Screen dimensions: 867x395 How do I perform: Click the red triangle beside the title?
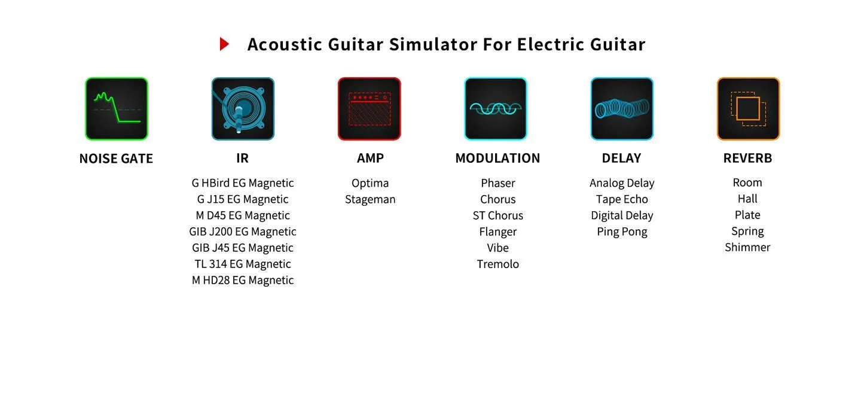coord(224,44)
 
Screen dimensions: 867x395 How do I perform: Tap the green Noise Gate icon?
coord(117,109)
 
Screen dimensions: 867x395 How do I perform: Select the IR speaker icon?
coord(243,109)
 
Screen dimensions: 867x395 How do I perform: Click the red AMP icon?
coord(370,109)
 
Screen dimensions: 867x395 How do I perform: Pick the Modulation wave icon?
coord(496,109)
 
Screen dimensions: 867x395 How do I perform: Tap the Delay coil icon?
coord(622,109)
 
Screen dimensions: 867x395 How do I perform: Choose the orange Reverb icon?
coord(748,109)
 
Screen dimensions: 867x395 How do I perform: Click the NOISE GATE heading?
coord(116,159)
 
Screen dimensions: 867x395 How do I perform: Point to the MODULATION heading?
coord(497,158)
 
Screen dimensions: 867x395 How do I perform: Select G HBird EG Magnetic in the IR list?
coord(243,183)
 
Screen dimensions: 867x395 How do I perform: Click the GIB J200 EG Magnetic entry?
coord(243,232)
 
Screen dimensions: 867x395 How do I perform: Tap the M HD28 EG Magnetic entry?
coord(243,280)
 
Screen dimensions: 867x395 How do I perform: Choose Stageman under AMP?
coord(370,199)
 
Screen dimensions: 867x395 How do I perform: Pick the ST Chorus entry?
coord(497,215)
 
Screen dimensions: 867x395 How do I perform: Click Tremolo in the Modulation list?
coord(497,264)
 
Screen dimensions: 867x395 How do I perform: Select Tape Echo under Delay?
coord(622,199)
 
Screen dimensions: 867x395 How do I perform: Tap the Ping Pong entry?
coord(622,232)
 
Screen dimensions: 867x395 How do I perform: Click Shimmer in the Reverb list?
coord(747,247)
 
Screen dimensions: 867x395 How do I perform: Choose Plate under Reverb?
coord(747,214)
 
